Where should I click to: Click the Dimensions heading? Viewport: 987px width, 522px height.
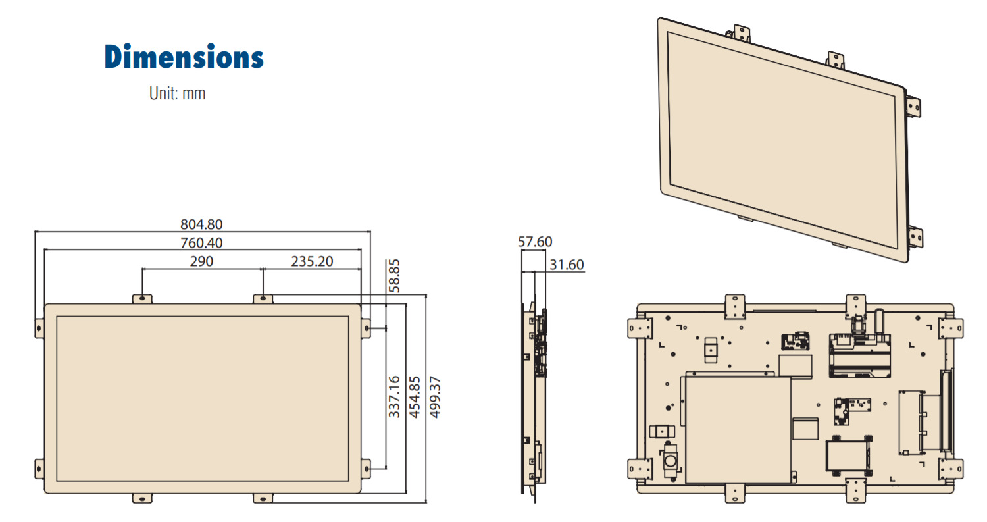pyautogui.click(x=184, y=57)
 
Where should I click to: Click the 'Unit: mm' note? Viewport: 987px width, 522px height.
pyautogui.click(x=177, y=93)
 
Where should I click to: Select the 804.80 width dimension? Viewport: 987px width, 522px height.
pyautogui.click(x=201, y=225)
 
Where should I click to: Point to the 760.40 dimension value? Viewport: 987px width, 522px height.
pyautogui.click(x=201, y=243)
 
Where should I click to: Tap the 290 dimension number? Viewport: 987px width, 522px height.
pyautogui.click(x=201, y=261)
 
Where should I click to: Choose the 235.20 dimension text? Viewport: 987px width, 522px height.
pyautogui.click(x=312, y=261)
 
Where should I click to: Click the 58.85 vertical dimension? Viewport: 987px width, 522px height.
pyautogui.click(x=393, y=276)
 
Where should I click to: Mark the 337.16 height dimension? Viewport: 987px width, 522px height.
pyautogui.click(x=394, y=396)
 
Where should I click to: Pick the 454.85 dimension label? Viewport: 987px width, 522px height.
pyautogui.click(x=414, y=396)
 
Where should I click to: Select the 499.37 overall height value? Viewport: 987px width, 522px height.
pyautogui.click(x=434, y=396)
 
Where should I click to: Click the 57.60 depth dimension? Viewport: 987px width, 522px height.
pyautogui.click(x=534, y=242)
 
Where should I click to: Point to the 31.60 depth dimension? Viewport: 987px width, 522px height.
pyautogui.click(x=566, y=265)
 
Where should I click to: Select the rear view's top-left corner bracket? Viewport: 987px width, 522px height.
pyautogui.click(x=639, y=327)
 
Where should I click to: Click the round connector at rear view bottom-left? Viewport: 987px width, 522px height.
pyautogui.click(x=670, y=459)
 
